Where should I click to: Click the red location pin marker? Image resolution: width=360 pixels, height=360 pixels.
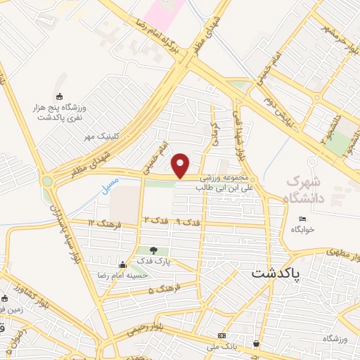[181, 165]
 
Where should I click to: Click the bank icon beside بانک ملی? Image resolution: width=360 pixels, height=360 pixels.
[222, 336]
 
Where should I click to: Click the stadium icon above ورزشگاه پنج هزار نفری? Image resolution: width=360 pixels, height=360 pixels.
[59, 97]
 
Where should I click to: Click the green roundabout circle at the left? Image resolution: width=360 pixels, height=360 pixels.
[47, 181]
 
